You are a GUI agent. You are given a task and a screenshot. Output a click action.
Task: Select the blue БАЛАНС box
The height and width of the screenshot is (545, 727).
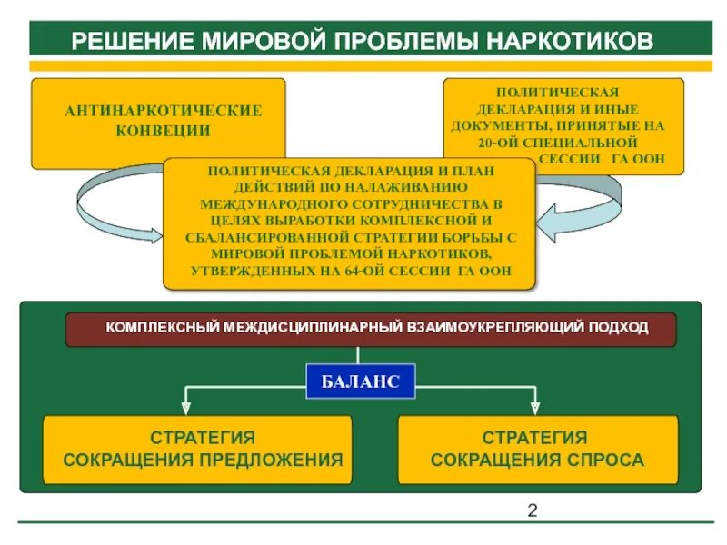tap(360, 381)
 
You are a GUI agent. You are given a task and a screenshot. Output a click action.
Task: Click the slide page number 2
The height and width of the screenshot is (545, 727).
tap(533, 510)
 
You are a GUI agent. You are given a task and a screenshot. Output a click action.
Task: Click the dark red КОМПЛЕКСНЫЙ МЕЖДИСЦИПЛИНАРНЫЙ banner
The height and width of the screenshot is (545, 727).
tap(371, 328)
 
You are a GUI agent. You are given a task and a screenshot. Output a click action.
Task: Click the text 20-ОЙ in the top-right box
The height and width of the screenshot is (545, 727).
tap(498, 144)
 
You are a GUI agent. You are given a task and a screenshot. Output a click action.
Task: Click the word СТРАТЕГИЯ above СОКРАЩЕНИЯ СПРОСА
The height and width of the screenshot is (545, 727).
tap(534, 438)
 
